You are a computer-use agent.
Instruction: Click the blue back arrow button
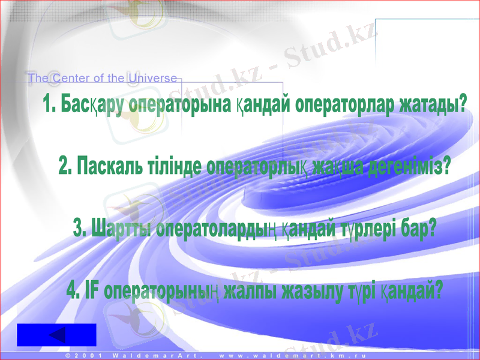pos(56,335)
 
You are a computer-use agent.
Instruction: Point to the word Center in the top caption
pos(70,78)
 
